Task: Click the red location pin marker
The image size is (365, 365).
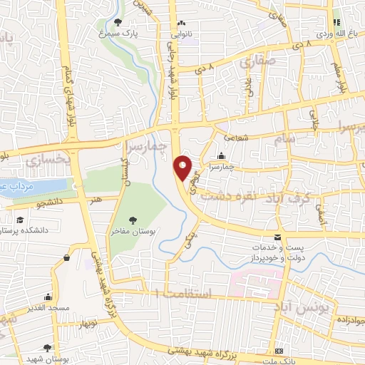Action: click(x=183, y=167)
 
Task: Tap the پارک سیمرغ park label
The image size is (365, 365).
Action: click(x=118, y=33)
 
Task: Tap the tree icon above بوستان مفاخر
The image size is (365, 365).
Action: click(x=132, y=220)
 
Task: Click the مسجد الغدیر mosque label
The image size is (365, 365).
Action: click(x=47, y=307)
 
